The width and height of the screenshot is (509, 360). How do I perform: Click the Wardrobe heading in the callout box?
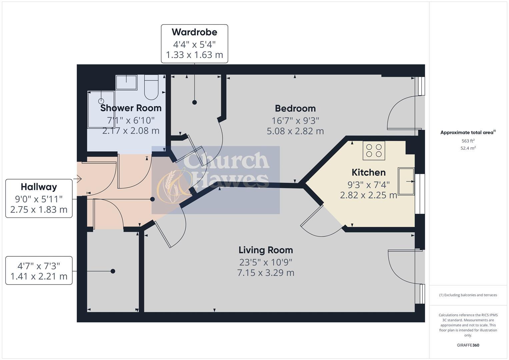(194, 32)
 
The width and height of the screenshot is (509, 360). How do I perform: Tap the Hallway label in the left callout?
(39, 187)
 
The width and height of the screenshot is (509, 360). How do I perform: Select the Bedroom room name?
(295, 108)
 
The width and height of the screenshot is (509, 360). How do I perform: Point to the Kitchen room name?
(368, 172)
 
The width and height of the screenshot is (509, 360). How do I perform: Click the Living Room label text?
(266, 250)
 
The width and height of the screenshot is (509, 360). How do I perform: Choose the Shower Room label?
(131, 108)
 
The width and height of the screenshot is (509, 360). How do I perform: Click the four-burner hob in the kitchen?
(374, 150)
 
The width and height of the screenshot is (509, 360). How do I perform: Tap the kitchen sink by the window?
(406, 181)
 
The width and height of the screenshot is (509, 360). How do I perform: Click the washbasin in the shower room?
(126, 82)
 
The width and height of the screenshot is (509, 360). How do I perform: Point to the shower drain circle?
(101, 101)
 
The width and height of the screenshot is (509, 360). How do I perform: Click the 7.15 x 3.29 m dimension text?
(266, 273)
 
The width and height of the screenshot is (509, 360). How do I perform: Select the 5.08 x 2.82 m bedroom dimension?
(295, 131)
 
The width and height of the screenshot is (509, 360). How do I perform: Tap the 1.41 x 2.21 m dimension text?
(39, 276)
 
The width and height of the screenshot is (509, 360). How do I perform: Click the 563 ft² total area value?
(468, 141)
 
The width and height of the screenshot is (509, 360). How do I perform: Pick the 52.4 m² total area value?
(468, 148)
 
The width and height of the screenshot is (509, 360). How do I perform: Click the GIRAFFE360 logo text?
(468, 345)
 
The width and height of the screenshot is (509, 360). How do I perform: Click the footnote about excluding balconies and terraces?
(468, 295)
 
